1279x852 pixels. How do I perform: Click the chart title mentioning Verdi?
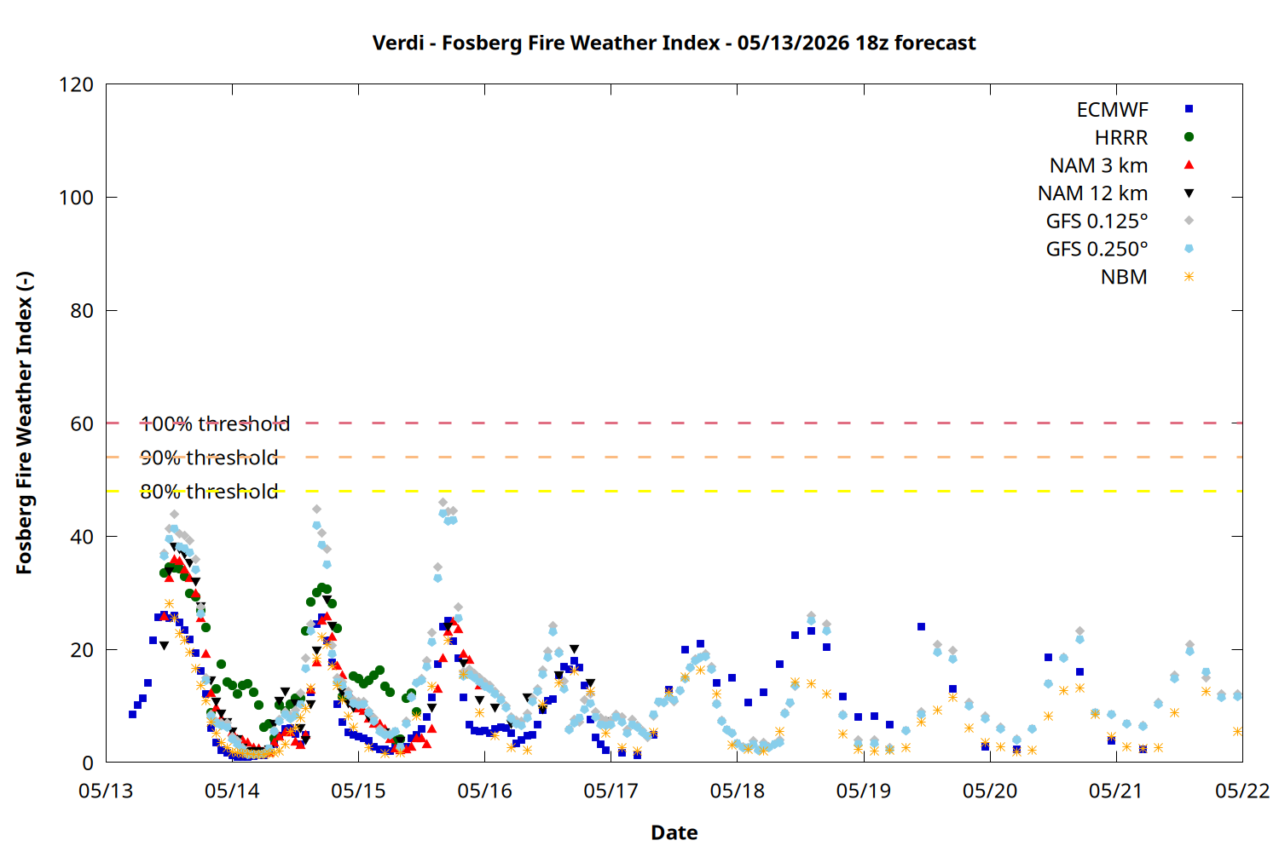(x=674, y=43)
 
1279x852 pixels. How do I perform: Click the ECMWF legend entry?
(x=1112, y=110)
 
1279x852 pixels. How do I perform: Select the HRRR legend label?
(x=1121, y=137)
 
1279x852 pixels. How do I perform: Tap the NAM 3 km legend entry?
(x=1098, y=165)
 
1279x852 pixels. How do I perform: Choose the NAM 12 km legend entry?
(x=1092, y=193)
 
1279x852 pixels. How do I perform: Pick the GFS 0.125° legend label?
(x=1097, y=221)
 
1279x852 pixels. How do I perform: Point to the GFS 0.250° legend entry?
(x=1097, y=249)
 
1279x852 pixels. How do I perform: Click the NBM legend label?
(x=1124, y=277)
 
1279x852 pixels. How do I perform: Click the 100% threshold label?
(x=215, y=423)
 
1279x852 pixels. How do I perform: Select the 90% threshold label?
(x=209, y=458)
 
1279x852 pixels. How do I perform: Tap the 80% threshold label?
(x=209, y=492)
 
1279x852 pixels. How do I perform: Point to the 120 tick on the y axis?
(x=76, y=84)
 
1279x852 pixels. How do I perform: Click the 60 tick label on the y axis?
(x=82, y=423)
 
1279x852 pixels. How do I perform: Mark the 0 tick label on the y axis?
(x=87, y=763)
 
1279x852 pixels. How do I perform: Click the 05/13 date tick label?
(x=106, y=791)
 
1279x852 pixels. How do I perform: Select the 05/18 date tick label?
(x=738, y=791)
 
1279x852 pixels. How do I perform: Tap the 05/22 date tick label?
(x=1242, y=791)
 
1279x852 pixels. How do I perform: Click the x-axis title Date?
(x=674, y=832)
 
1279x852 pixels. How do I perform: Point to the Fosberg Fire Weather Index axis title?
(x=24, y=423)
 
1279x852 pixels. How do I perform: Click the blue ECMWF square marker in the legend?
(x=1189, y=109)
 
